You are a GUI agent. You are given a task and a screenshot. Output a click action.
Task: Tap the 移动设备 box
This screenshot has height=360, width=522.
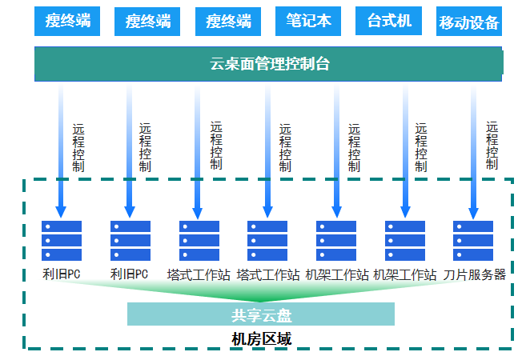coord(469,22)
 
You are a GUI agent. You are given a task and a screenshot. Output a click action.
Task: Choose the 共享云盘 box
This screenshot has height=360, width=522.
coord(261,314)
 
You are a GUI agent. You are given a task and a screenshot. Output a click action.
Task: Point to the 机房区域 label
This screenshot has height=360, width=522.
coord(261,339)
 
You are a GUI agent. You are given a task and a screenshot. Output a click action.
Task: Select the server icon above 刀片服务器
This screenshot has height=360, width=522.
coord(473,241)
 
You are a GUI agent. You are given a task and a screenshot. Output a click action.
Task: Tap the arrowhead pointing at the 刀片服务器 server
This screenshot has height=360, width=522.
coord(473,214)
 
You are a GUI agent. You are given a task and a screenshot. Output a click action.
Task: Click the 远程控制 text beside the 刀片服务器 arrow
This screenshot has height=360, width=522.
coord(492,145)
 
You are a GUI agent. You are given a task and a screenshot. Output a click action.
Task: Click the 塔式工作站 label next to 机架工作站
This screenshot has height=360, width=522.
coord(267,274)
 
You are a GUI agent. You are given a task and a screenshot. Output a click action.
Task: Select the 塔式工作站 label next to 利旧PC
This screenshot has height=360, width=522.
coord(199,274)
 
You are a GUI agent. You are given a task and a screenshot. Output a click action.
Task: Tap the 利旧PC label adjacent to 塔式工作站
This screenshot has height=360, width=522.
coord(130,274)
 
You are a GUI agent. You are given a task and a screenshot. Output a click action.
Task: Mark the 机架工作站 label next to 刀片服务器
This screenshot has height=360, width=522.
coord(404,274)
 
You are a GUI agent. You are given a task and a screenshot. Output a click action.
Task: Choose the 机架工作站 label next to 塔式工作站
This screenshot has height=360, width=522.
coord(336,274)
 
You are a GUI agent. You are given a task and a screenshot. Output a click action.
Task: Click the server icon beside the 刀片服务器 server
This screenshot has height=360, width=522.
coord(405,241)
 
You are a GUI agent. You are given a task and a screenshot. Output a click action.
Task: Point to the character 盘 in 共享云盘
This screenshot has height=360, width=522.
coord(283,314)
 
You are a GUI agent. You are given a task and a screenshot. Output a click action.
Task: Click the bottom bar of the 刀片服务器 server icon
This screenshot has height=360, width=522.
coord(473,255)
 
